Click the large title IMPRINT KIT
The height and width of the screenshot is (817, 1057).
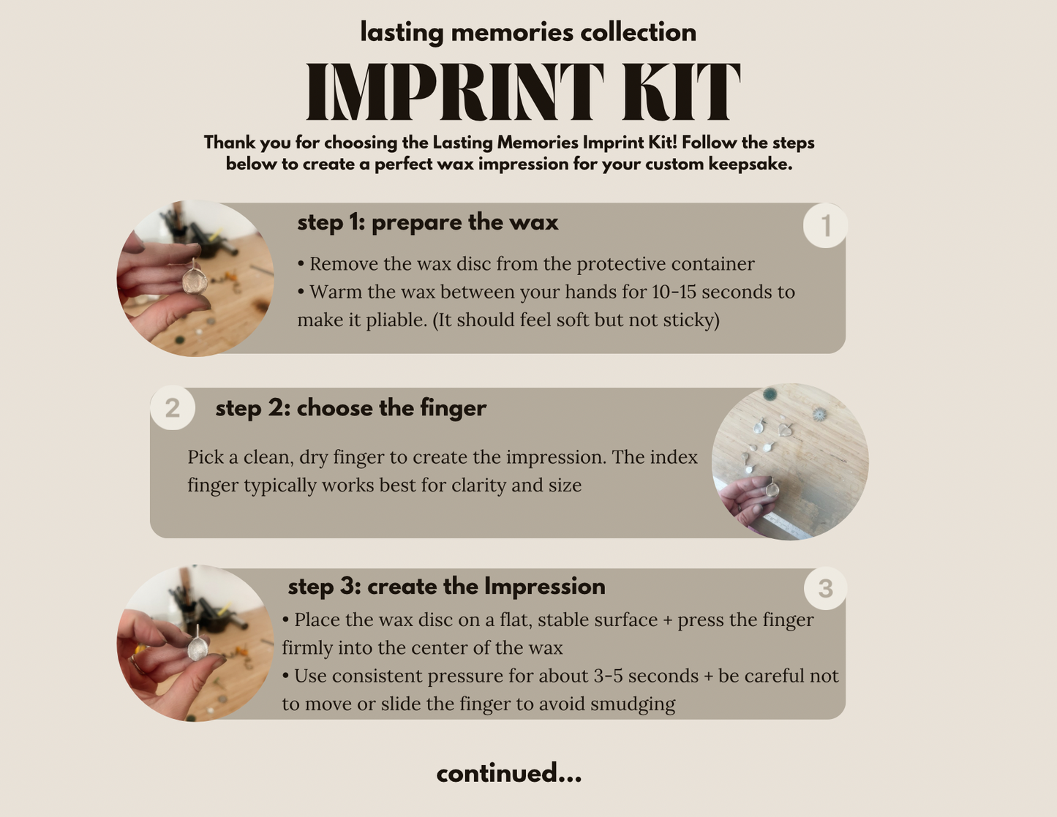(x=524, y=92)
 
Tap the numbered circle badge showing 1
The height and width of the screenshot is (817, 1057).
(x=825, y=226)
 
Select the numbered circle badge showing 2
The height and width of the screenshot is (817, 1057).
(x=173, y=407)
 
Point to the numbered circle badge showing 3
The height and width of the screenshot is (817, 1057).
(x=825, y=588)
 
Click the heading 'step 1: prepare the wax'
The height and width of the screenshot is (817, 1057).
(x=428, y=223)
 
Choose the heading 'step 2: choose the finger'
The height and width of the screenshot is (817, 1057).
(x=350, y=407)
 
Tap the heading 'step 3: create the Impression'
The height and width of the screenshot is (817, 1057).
(x=446, y=587)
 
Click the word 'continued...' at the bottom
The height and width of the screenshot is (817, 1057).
(x=509, y=772)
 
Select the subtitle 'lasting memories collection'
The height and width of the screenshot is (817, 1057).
(x=528, y=32)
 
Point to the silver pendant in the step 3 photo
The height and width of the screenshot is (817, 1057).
(x=198, y=647)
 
